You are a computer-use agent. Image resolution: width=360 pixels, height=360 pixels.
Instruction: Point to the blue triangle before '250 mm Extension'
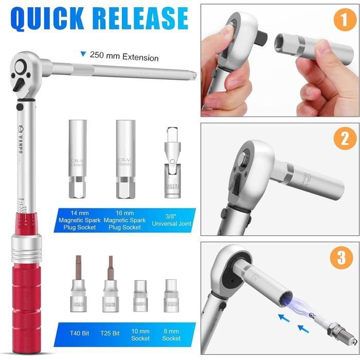82,53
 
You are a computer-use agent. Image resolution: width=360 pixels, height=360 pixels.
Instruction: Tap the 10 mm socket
140,298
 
